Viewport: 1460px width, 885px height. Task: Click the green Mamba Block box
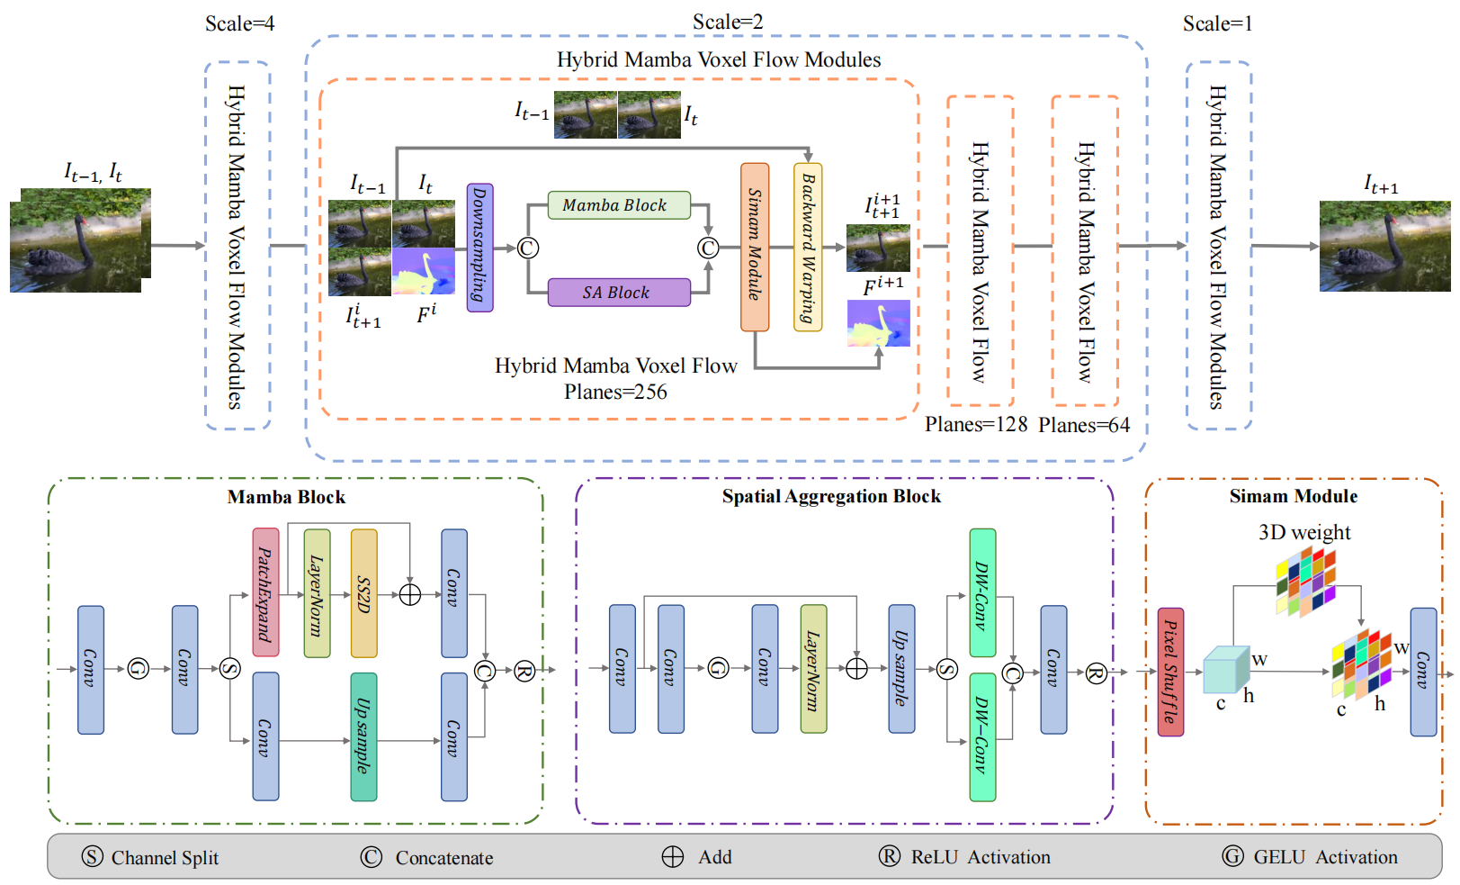(x=619, y=205)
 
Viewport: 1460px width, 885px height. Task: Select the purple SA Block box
(x=619, y=293)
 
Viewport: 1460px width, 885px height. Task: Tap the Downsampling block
(x=479, y=248)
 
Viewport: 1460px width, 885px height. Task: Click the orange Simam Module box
(x=755, y=247)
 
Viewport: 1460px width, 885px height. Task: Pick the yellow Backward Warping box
(x=808, y=247)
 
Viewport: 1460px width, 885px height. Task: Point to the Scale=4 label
(x=239, y=23)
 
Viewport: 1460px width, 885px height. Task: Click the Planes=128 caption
(x=976, y=424)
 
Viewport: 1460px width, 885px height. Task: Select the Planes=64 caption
(x=1084, y=425)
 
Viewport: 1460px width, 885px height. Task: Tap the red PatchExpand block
(x=265, y=592)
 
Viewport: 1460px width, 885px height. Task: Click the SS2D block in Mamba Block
(x=363, y=593)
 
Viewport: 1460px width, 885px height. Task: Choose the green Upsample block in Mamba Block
(x=363, y=736)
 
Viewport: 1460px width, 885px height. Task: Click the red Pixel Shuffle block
(x=1170, y=672)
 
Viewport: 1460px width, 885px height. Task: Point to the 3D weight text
(x=1304, y=532)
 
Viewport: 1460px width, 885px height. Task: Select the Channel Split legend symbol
(x=93, y=856)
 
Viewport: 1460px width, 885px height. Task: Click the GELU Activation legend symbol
(x=1232, y=856)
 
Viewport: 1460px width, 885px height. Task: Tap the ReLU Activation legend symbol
(x=889, y=856)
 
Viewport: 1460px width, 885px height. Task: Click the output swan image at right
(x=1384, y=246)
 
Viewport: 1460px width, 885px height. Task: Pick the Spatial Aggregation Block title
(x=831, y=496)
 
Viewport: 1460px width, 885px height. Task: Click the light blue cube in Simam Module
(x=1224, y=670)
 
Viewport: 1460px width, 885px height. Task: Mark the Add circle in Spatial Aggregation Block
(x=856, y=668)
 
